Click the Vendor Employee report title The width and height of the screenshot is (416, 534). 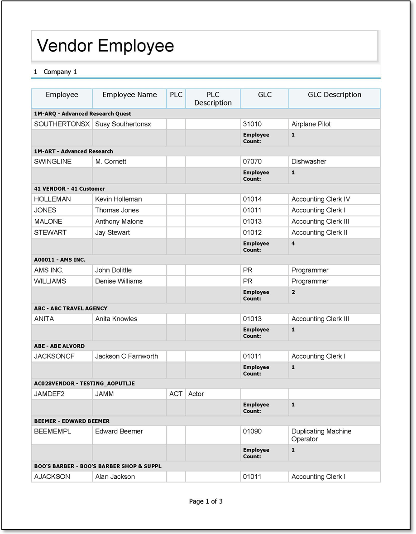tap(105, 46)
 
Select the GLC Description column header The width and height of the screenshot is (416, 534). tap(335, 95)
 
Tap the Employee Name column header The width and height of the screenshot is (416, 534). tap(129, 95)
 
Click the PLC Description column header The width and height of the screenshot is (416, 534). tap(213, 99)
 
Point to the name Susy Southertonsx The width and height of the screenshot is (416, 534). tap(123, 124)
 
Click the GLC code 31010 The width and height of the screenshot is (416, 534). tap(252, 124)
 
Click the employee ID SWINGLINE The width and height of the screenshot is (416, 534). tap(53, 162)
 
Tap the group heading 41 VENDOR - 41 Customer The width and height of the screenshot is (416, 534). tap(69, 189)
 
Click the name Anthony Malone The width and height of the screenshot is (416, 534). tap(119, 221)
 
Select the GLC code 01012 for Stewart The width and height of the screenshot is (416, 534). tap(252, 232)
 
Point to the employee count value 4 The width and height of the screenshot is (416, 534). tap(293, 244)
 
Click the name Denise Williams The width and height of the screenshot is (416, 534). tap(119, 281)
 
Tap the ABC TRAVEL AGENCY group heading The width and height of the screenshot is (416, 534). tap(71, 308)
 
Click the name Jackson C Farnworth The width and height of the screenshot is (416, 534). tap(127, 356)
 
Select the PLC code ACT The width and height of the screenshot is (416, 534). tap(176, 394)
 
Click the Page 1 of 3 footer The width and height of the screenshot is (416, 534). tap(206, 501)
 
